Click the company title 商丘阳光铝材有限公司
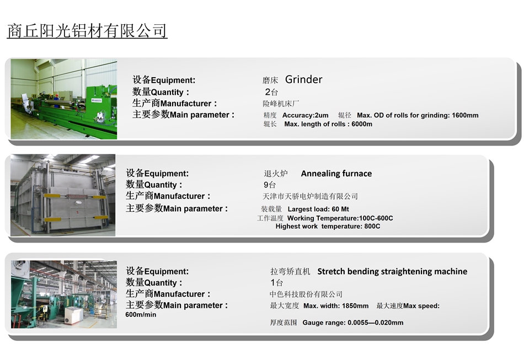tap(87, 31)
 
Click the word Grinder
tap(303, 79)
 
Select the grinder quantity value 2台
tap(271, 92)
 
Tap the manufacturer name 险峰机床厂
tap(281, 104)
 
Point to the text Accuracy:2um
tap(306, 115)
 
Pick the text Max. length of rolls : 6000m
tap(328, 124)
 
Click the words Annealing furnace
tap(336, 173)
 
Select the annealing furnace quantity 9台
tap(270, 185)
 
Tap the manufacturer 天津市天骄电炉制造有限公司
tap(310, 196)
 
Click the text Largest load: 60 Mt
tap(318, 209)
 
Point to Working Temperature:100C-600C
tap(340, 218)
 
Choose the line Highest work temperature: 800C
tap(328, 226)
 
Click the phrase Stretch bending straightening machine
tap(392, 271)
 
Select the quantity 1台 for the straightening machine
tap(277, 282)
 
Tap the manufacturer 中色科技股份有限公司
tap(306, 294)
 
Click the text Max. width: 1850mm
tap(336, 306)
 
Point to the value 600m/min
tap(141, 315)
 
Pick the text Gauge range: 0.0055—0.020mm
tap(353, 323)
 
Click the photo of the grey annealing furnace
tap(63, 195)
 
